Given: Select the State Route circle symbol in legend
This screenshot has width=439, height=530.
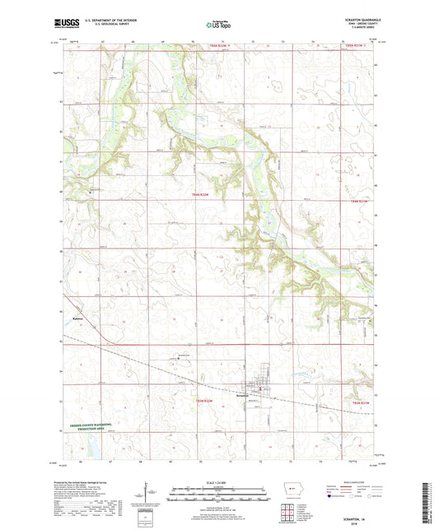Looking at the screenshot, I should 370,496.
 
